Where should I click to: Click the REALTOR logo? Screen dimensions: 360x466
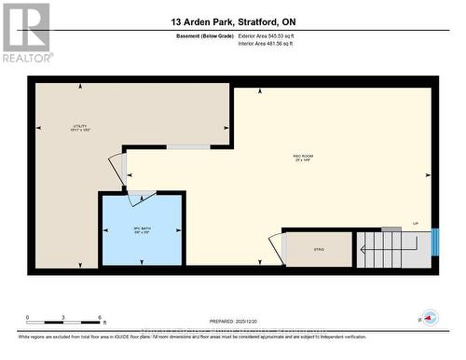[x=26, y=32]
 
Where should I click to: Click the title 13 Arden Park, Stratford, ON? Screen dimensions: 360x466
[x=233, y=21]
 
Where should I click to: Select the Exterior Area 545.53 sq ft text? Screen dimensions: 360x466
[x=272, y=35]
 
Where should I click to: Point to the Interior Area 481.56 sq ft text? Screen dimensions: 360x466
[x=271, y=44]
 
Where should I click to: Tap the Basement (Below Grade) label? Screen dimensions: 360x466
[x=204, y=35]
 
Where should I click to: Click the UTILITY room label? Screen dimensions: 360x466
[x=80, y=128]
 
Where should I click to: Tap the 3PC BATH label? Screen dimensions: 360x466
[x=140, y=228]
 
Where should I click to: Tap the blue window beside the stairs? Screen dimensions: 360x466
[x=434, y=246]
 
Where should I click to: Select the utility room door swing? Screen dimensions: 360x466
[x=116, y=168]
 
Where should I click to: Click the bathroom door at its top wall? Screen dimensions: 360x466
[x=142, y=194]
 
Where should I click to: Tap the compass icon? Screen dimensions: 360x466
[x=429, y=317]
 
